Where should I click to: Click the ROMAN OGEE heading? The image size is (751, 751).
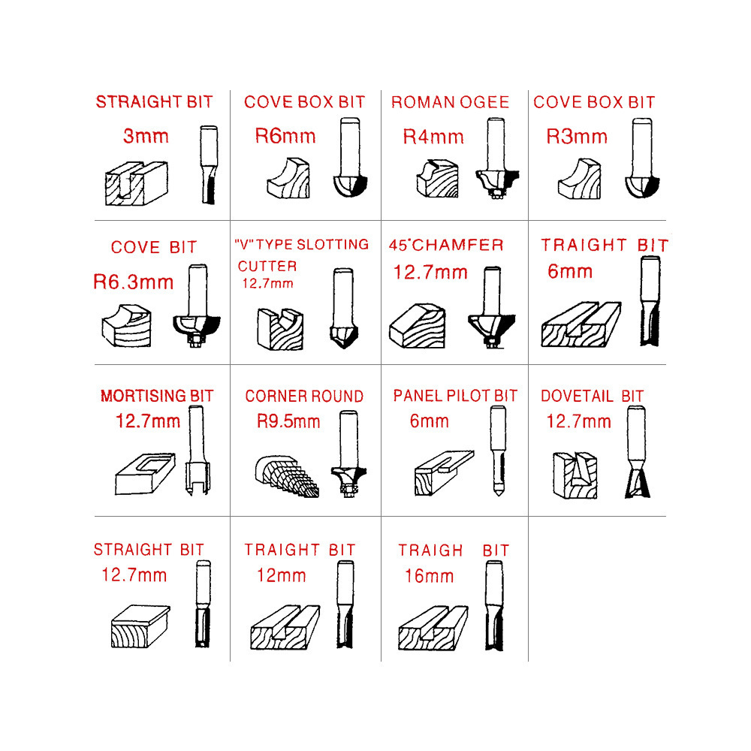[450, 102]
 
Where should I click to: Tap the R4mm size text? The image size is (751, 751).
[433, 137]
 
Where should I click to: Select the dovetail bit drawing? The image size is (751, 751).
[637, 451]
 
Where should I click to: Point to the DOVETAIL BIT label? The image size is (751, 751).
[592, 396]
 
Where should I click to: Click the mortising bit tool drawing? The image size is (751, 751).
[198, 450]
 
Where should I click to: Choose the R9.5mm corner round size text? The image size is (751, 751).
[288, 421]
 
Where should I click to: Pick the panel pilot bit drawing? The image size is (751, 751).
[498, 451]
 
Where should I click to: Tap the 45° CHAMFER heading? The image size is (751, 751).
[446, 246]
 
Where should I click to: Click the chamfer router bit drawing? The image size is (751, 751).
[491, 307]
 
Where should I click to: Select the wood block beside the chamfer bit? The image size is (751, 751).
[418, 325]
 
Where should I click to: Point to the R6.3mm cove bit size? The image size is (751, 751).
[133, 282]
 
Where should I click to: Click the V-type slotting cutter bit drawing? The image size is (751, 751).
[344, 308]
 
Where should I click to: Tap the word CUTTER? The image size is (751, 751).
[267, 267]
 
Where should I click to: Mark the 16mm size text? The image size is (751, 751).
[429, 576]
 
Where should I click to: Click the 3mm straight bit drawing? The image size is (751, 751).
[209, 164]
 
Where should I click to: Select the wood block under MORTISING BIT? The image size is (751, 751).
[145, 474]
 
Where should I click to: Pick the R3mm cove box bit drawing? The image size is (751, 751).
[642, 158]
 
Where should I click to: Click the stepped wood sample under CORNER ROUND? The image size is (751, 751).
[286, 476]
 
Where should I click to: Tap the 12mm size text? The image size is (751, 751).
[281, 575]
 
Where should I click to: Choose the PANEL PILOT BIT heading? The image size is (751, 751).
[456, 396]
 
